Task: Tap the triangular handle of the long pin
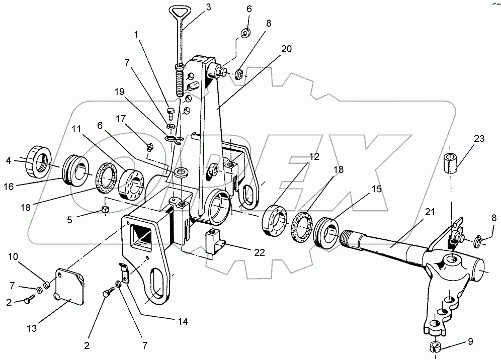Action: click(177, 11)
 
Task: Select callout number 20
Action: click(286, 49)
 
